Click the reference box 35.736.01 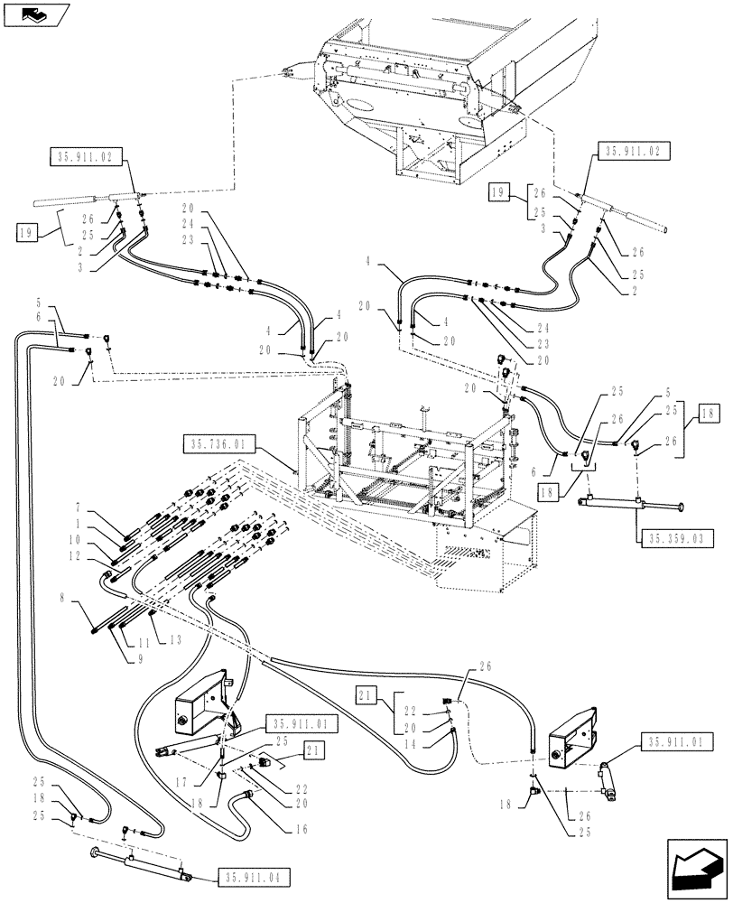click(221, 444)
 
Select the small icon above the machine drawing click(33, 14)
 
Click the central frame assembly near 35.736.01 click(406, 451)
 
